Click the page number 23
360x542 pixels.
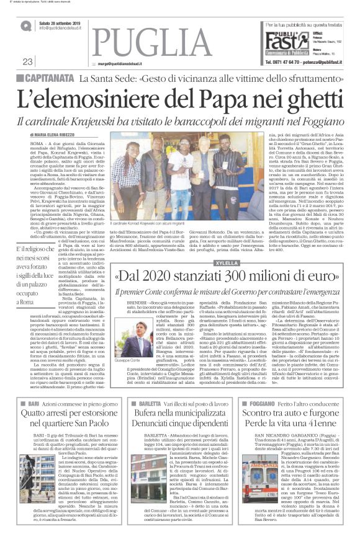tap(27, 61)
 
